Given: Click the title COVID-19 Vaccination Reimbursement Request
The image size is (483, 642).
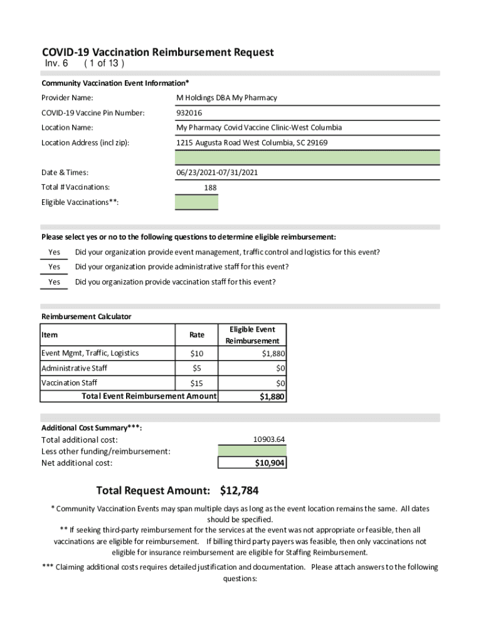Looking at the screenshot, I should pyautogui.click(x=157, y=53).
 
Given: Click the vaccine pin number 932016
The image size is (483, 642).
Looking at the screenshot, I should pyautogui.click(x=193, y=113).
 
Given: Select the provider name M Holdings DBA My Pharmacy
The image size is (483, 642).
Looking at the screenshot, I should pyautogui.click(x=226, y=98).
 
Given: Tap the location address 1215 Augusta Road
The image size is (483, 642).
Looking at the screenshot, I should pyautogui.click(x=252, y=143).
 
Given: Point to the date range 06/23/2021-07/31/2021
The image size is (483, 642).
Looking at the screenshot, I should pyautogui.click(x=217, y=172).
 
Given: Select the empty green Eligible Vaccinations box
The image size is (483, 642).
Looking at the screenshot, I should pyautogui.click(x=196, y=203).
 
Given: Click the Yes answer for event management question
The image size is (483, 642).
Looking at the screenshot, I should pyautogui.click(x=55, y=253).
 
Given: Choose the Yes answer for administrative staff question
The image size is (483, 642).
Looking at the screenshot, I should pyautogui.click(x=55, y=267).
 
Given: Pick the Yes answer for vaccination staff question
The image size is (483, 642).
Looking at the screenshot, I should pyautogui.click(x=55, y=282).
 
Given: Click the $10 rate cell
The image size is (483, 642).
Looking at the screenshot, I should pyautogui.click(x=196, y=354).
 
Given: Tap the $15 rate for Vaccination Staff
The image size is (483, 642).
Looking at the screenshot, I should pyautogui.click(x=196, y=382).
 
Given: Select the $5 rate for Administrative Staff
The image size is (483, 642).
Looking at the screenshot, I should pyautogui.click(x=196, y=368).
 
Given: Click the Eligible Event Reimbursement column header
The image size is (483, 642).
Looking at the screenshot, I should pyautogui.click(x=252, y=335).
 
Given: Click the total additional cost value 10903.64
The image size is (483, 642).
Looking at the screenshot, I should pyautogui.click(x=269, y=439).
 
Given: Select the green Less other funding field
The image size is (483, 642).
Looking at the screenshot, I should pyautogui.click(x=252, y=451).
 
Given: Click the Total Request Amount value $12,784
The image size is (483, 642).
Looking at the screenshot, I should pyautogui.click(x=240, y=490).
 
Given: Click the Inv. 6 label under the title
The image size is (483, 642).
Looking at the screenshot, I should pyautogui.click(x=56, y=65).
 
